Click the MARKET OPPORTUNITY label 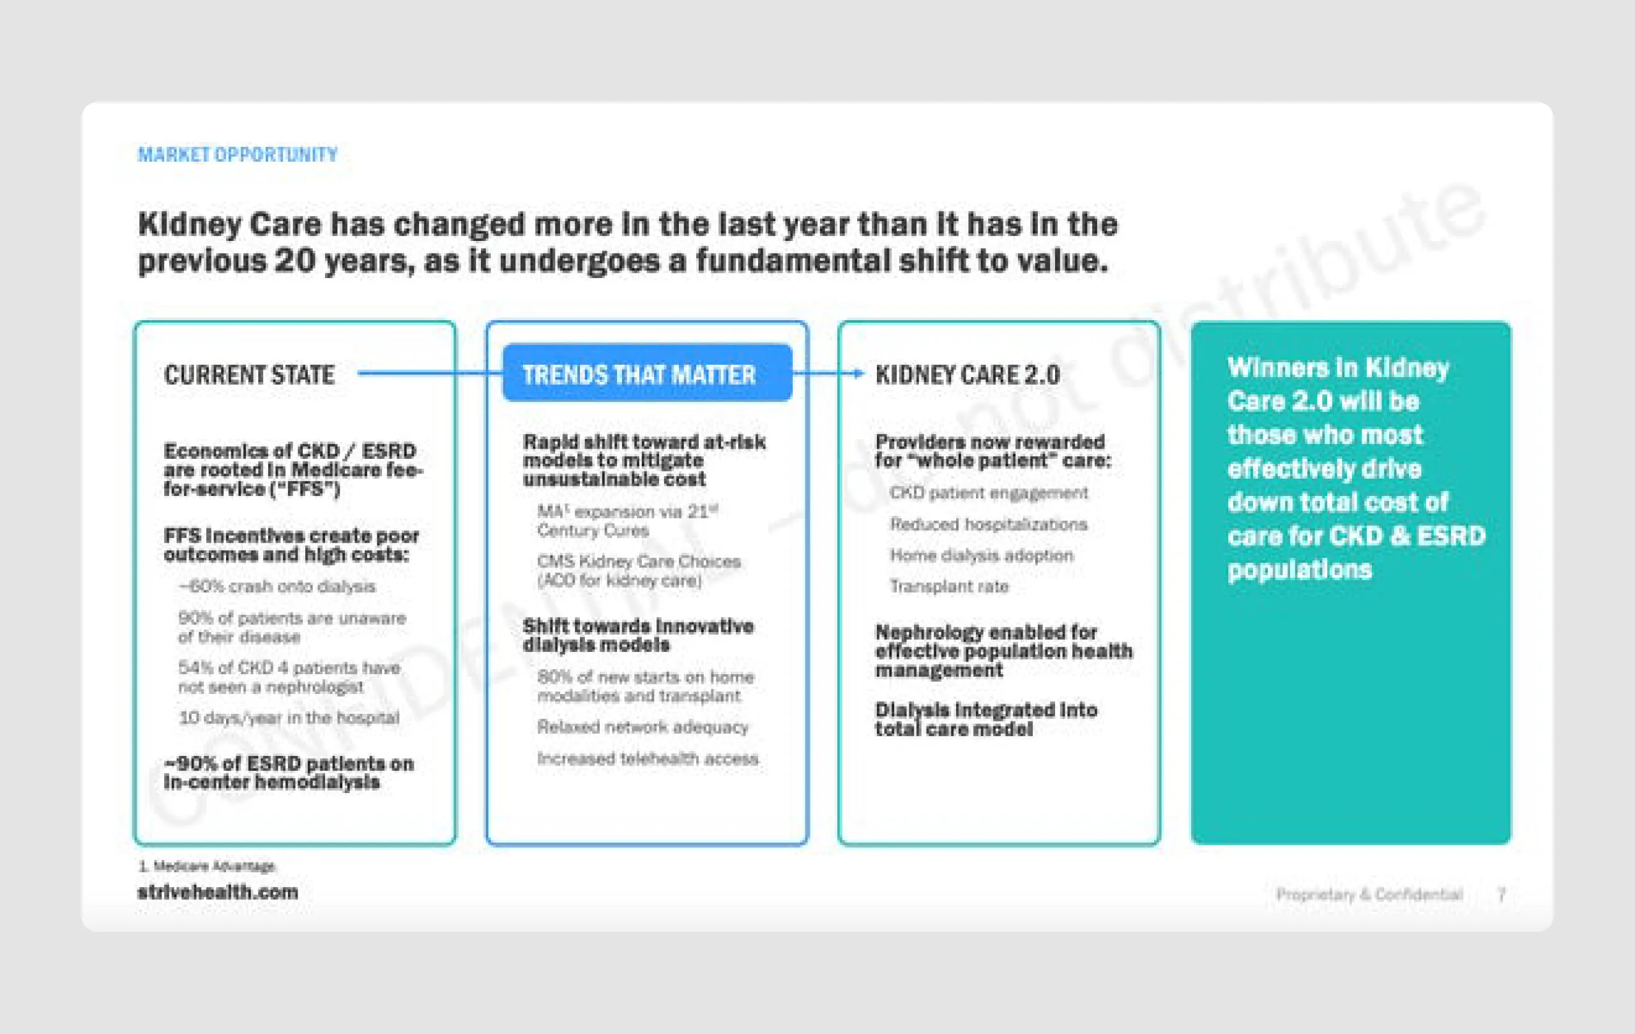pos(238,155)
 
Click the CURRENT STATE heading pos(249,375)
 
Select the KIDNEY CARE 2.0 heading pos(967,375)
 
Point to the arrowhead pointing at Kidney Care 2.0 pos(859,373)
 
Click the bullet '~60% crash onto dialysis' pos(277,586)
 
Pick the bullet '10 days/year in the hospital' pos(289,718)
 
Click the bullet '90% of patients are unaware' pos(291,627)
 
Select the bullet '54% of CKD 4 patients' pos(289,677)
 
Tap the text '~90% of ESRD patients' pos(289,773)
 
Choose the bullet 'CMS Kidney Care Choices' pos(638,571)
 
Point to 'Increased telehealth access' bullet pos(648,759)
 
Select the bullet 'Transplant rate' pos(948,586)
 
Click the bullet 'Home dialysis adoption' pos(981,556)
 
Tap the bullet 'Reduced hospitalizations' pos(988,525)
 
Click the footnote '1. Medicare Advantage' pos(206,866)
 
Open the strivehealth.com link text pos(217,892)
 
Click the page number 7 pos(1502,895)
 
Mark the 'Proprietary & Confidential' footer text pos(1369,895)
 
